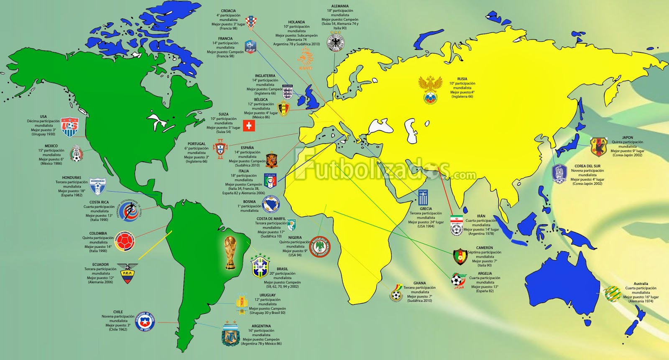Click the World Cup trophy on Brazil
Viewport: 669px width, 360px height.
pyautogui.click(x=230, y=253)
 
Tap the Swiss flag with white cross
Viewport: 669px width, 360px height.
pyautogui.click(x=249, y=125)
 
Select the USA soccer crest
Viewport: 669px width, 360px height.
pyautogui.click(x=69, y=127)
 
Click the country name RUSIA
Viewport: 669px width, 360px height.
pyautogui.click(x=462, y=79)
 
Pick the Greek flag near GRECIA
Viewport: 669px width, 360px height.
pyautogui.click(x=424, y=197)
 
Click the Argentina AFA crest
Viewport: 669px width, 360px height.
pyautogui.click(x=230, y=334)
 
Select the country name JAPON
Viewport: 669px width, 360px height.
pyautogui.click(x=627, y=138)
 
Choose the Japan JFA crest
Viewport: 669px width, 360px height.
pyautogui.click(x=598, y=147)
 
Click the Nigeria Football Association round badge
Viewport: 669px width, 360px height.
pyautogui.click(x=320, y=247)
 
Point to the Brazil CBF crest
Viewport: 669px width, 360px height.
pyautogui.click(x=260, y=266)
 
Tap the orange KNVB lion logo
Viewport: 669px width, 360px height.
pyautogui.click(x=306, y=59)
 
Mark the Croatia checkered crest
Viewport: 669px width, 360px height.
pyautogui.click(x=250, y=23)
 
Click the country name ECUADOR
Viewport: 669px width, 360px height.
pyautogui.click(x=100, y=265)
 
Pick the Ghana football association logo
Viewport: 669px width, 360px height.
pyautogui.click(x=396, y=292)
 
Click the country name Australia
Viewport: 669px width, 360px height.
pyautogui.click(x=641, y=283)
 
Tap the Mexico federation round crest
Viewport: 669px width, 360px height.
pyautogui.click(x=76, y=153)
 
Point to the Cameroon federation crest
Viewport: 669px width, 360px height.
pyautogui.click(x=460, y=257)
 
